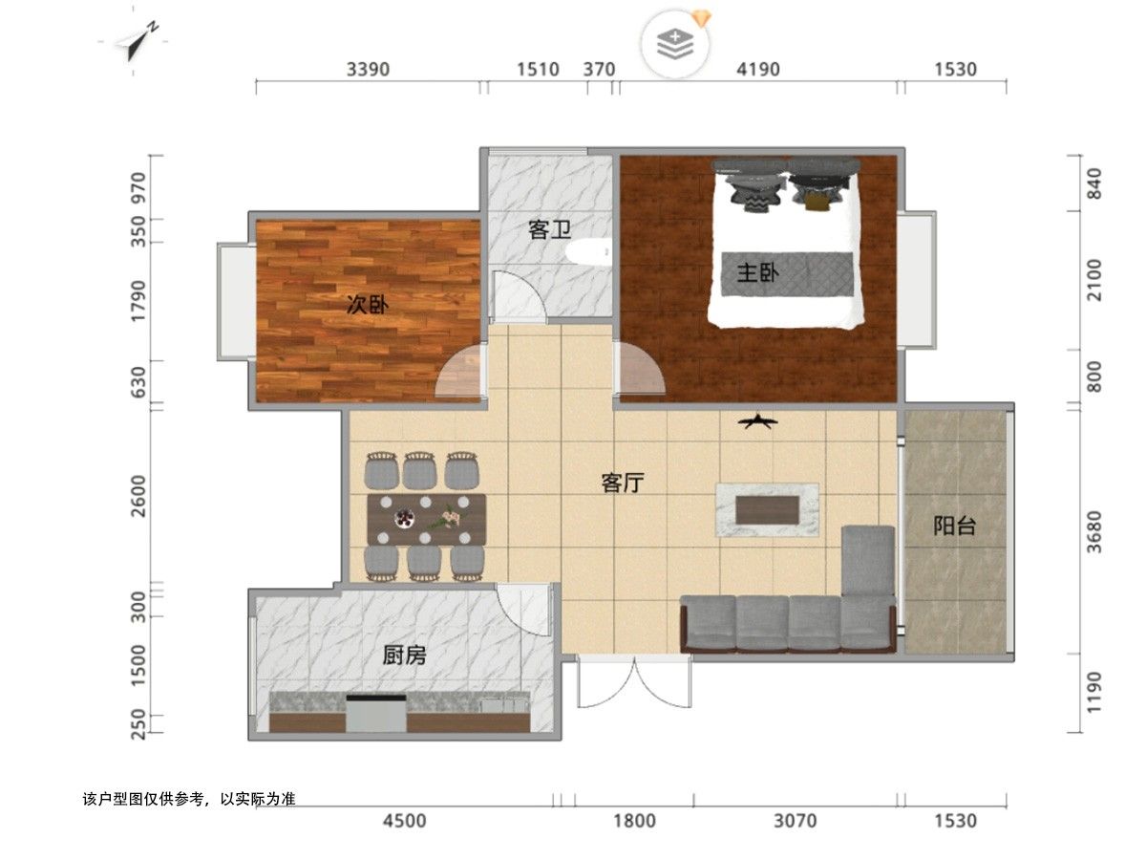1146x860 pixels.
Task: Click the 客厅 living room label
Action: point(622,483)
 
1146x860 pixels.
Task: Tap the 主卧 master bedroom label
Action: point(758,272)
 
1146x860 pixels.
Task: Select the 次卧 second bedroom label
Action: point(368,305)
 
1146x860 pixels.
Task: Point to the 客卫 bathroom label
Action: point(549,229)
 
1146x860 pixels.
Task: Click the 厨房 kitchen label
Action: point(404,655)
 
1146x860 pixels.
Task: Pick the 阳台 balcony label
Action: point(954,526)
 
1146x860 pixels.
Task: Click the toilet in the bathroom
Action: point(588,252)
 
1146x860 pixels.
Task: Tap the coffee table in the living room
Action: point(767,509)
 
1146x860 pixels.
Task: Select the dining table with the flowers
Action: point(426,520)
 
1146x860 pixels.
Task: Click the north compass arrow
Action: point(137,41)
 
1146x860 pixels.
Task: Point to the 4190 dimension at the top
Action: point(758,70)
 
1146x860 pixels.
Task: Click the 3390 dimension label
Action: point(368,70)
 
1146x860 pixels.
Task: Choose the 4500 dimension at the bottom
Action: point(404,821)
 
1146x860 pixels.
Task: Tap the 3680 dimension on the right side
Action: point(1094,531)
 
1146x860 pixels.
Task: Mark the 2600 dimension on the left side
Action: point(138,496)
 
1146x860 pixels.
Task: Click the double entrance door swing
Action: point(634,682)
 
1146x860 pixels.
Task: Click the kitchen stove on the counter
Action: point(376,713)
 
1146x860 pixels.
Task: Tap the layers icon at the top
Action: point(675,44)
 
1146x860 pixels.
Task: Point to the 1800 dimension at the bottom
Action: point(634,821)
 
